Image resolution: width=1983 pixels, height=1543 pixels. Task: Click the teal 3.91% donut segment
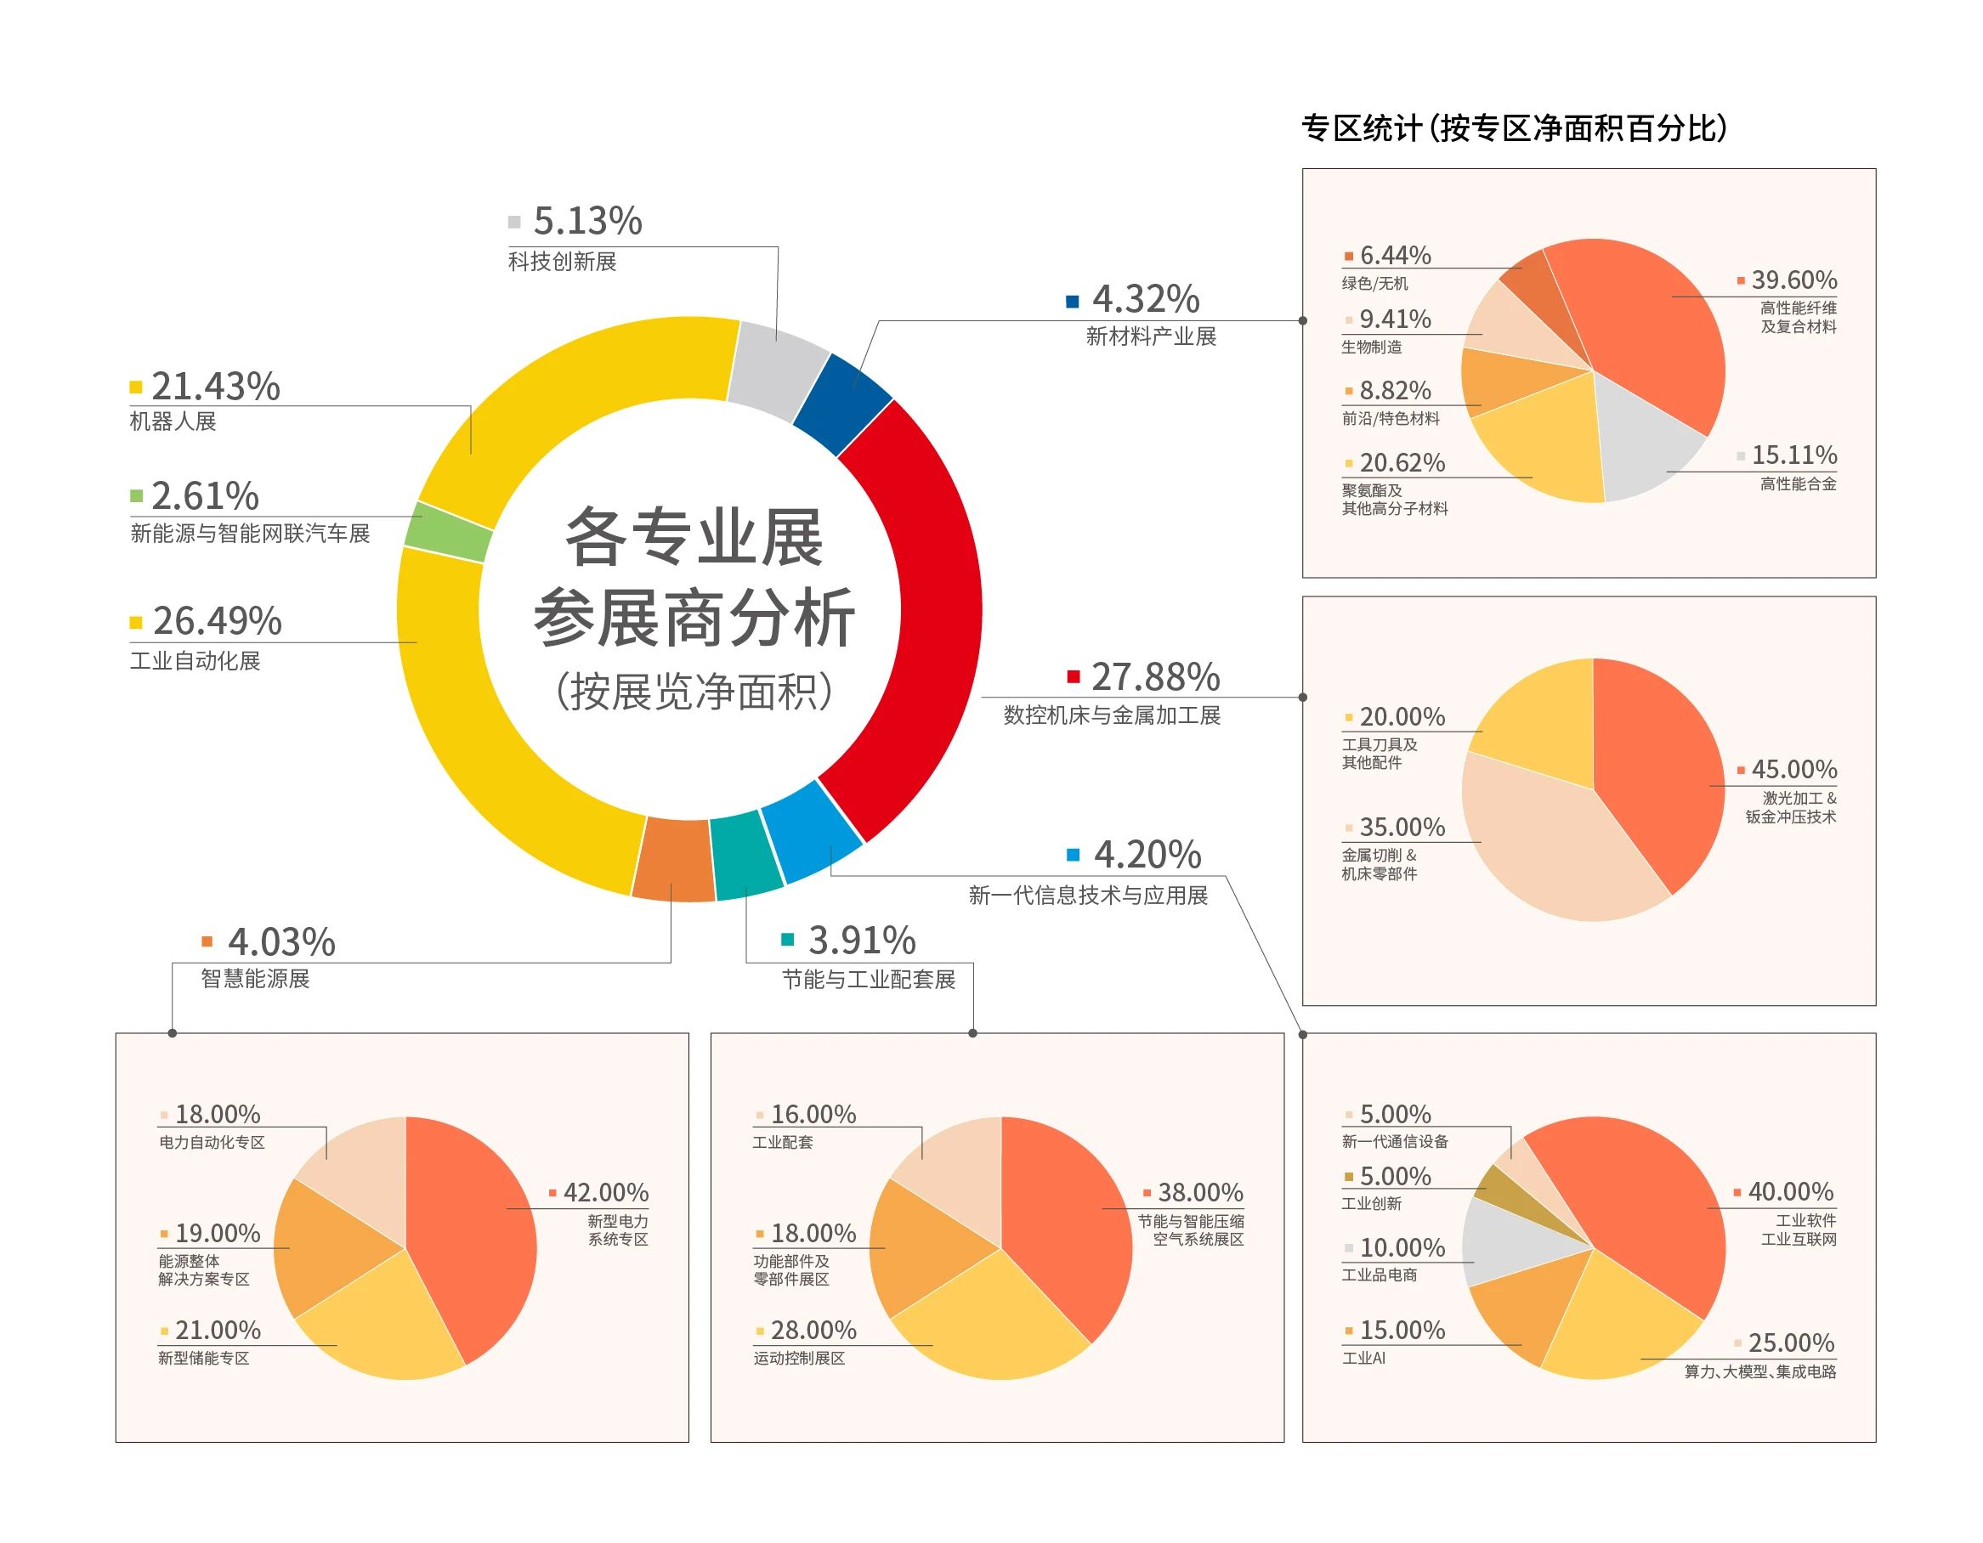pyautogui.click(x=746, y=854)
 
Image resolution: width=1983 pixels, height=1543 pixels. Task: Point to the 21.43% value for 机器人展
pyautogui.click(x=215, y=387)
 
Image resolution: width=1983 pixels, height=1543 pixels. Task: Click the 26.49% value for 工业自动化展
pyautogui.click(x=217, y=622)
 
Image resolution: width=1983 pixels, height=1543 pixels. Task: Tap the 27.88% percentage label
pyautogui.click(x=1155, y=677)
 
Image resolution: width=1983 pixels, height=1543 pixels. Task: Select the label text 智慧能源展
pyautogui.click(x=255, y=979)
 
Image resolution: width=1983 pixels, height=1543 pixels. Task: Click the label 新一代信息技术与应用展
pyautogui.click(x=1088, y=896)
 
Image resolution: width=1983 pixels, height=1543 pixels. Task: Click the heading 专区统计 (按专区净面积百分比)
pyautogui.click(x=1514, y=128)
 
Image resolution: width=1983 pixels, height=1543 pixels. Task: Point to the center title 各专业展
pyautogui.click(x=694, y=538)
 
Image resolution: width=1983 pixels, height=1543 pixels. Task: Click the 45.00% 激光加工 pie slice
pyautogui.click(x=1662, y=771)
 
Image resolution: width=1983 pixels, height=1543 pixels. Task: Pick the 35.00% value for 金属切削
pyautogui.click(x=1402, y=828)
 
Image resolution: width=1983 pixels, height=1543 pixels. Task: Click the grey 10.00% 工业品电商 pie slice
pyautogui.click(x=1512, y=1239)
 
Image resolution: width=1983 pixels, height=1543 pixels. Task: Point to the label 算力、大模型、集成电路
pyautogui.click(x=1759, y=1371)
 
